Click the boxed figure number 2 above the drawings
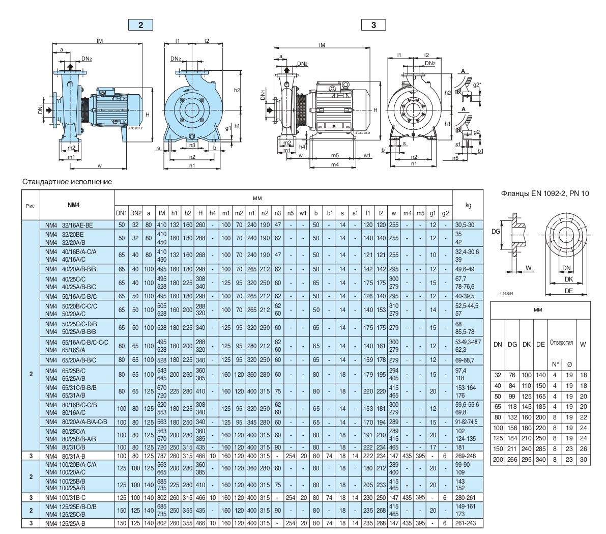click(140, 25)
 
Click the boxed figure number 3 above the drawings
click(373, 25)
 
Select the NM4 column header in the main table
click(74, 205)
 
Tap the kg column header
click(468, 205)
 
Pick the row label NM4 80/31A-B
click(64, 456)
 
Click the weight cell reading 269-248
click(468, 456)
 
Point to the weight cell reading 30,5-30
click(468, 224)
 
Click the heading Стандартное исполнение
click(67, 182)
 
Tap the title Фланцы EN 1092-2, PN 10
click(545, 193)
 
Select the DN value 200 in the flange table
click(498, 459)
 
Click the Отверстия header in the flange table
click(561, 343)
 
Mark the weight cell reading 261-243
click(468, 523)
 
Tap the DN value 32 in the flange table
click(498, 375)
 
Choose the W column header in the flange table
click(583, 345)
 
